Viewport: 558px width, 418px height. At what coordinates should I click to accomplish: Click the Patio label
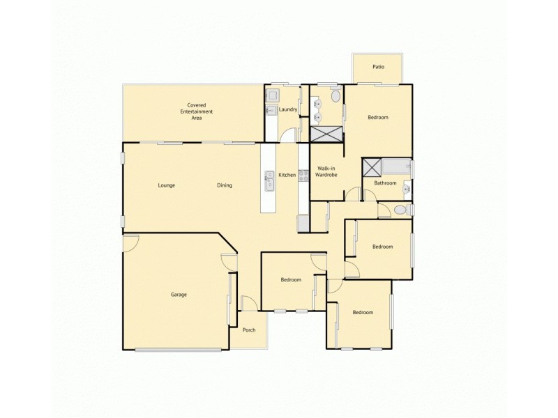tap(378, 67)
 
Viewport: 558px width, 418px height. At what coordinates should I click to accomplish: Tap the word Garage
tap(179, 295)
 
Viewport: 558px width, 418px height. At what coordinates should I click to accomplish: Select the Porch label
tap(249, 330)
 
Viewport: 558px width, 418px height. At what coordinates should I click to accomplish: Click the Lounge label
tap(166, 185)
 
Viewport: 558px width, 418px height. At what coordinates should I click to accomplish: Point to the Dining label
tap(224, 185)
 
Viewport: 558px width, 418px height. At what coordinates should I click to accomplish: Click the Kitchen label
tap(287, 175)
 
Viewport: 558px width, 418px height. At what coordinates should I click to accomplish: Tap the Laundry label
tap(288, 110)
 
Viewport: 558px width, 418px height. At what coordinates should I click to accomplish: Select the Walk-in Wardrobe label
tap(326, 171)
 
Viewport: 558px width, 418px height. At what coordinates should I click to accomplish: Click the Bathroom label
tap(385, 183)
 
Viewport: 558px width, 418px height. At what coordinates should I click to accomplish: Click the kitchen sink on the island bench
tap(269, 180)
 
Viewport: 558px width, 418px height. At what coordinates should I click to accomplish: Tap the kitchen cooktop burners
tap(303, 176)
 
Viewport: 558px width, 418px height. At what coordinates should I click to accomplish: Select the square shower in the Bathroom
tap(372, 167)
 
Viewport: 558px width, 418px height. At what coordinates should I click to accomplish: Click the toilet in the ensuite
tap(336, 95)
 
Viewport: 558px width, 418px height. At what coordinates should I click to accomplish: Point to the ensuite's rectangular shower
tap(326, 134)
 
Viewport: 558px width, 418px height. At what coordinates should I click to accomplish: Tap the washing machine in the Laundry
tap(273, 95)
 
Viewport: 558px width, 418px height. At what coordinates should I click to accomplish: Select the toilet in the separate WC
tap(400, 210)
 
